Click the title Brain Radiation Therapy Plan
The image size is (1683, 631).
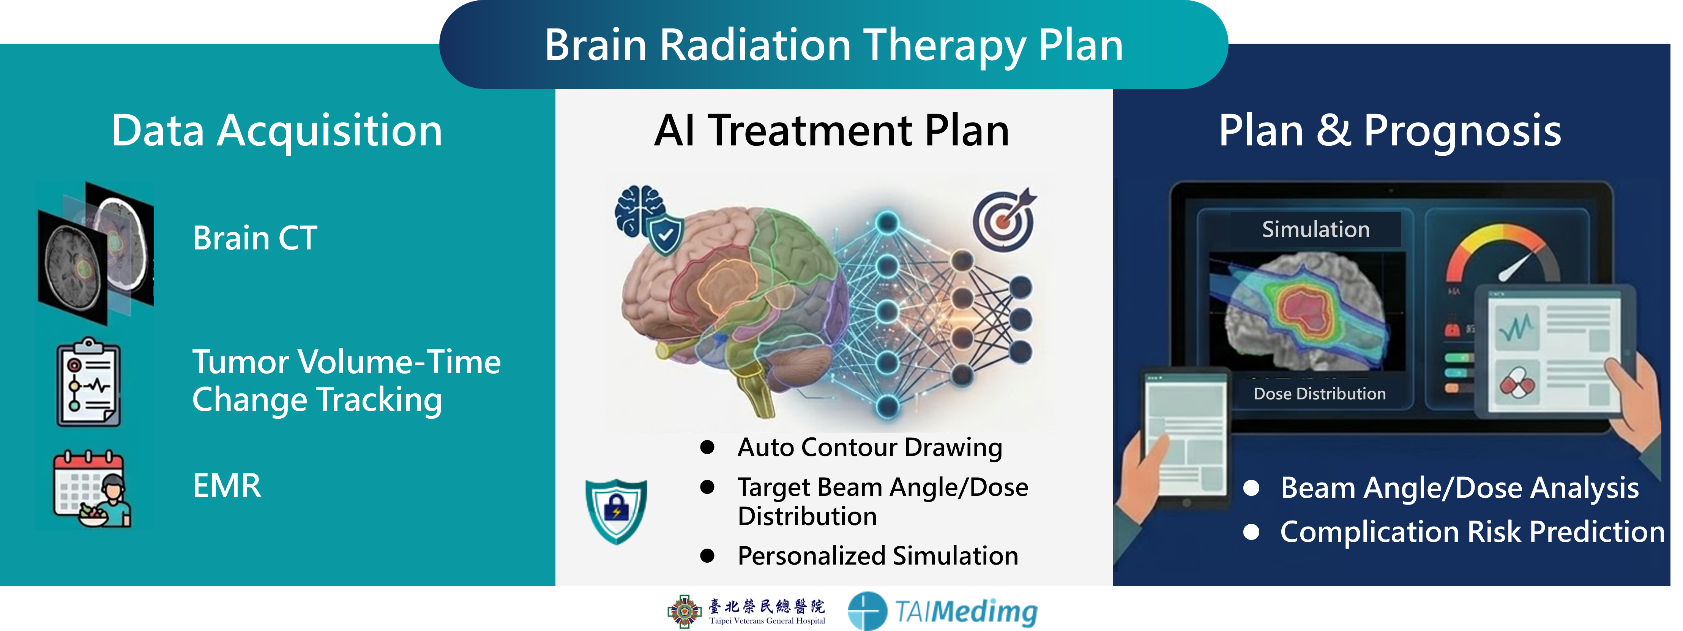pos(834,46)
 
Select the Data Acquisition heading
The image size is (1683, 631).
pos(277,131)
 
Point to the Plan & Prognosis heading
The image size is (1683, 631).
pos(1390,131)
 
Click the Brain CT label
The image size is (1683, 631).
pos(255,238)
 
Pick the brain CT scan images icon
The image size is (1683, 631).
pos(96,253)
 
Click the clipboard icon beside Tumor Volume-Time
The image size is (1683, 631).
pos(88,382)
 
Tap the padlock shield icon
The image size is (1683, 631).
pos(616,511)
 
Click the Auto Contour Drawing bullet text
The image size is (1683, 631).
pos(869,448)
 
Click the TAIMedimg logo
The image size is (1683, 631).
pos(942,611)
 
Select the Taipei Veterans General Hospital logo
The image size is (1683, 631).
pos(746,611)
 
